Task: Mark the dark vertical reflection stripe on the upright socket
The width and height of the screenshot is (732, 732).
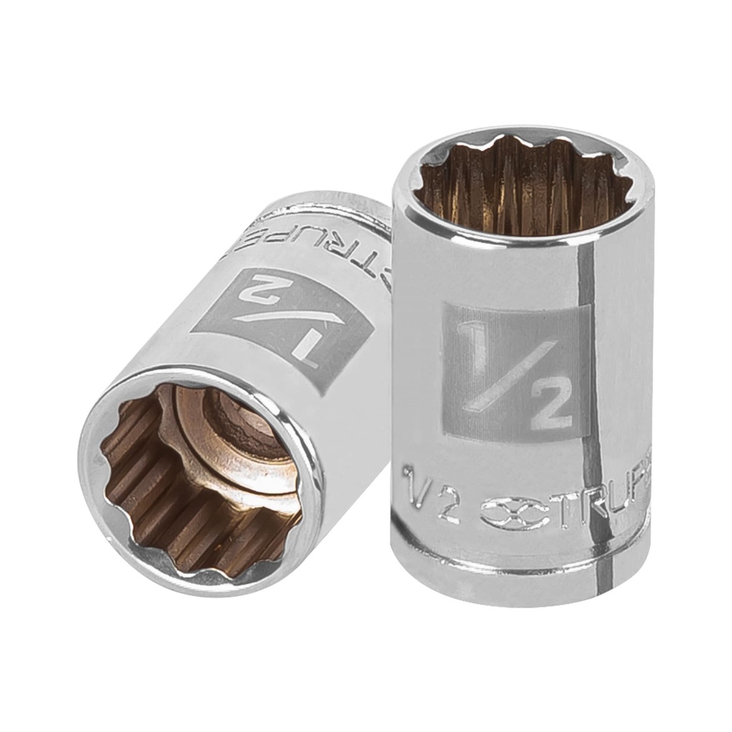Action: tap(589, 400)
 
